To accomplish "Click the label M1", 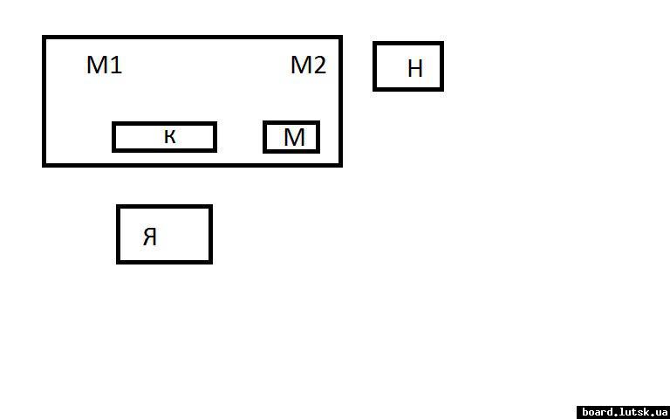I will click(104, 65).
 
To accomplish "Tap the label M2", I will click(308, 65).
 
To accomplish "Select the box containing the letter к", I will click(164, 137).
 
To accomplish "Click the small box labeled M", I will click(291, 137).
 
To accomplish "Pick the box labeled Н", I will click(408, 66).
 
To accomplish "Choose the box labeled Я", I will click(164, 234).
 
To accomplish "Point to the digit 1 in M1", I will click(116, 65).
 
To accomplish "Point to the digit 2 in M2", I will click(319, 65).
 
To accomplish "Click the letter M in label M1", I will click(97, 65).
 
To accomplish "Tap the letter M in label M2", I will click(301, 65).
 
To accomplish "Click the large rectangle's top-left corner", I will click(44, 38).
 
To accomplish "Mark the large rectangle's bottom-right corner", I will click(339, 164).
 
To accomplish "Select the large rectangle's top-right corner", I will click(339, 38).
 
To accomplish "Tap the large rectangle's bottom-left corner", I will click(44, 164).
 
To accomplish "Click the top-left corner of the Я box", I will click(119, 207).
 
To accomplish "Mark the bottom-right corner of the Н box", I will click(441, 88).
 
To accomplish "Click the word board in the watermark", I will click(598, 412).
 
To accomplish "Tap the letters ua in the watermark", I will click(662, 412).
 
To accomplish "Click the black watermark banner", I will click(624, 412).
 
